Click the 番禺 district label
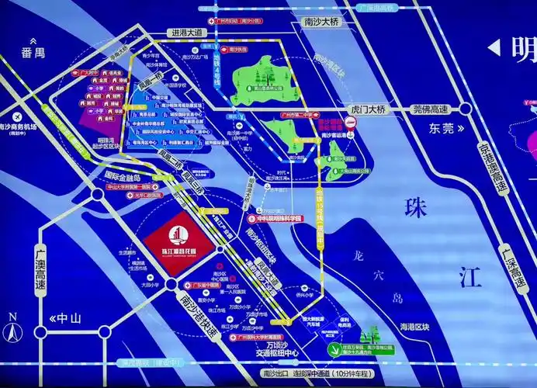point(34,53)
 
